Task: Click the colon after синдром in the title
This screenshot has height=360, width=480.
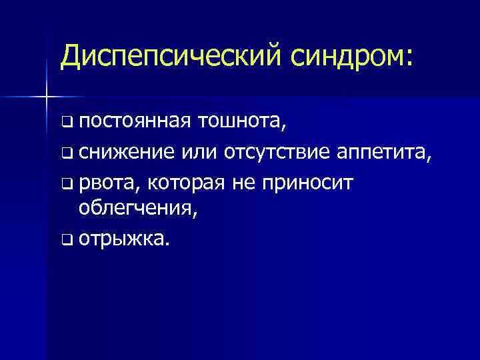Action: pos(408,58)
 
